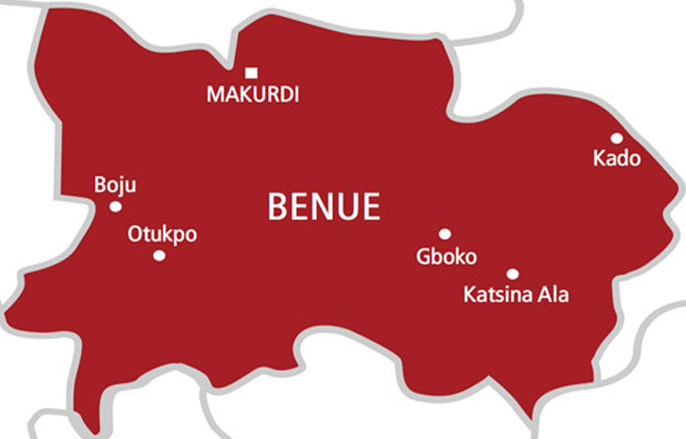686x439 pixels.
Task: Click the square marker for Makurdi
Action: pyautogui.click(x=251, y=73)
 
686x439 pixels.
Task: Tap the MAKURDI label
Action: pyautogui.click(x=252, y=94)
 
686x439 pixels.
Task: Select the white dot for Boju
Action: pyautogui.click(x=115, y=207)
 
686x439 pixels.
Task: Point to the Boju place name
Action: pyautogui.click(x=115, y=185)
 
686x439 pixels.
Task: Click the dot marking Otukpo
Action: pyautogui.click(x=159, y=256)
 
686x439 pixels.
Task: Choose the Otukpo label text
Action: pyautogui.click(x=162, y=234)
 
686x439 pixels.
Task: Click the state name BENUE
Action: pyautogui.click(x=324, y=206)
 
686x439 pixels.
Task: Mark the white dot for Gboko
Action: pyautogui.click(x=444, y=234)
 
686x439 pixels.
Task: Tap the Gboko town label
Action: pyautogui.click(x=446, y=256)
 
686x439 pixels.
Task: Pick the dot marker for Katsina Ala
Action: pyautogui.click(x=512, y=274)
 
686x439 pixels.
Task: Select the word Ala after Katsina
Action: pyautogui.click(x=553, y=295)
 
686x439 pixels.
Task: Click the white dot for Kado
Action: pyautogui.click(x=616, y=138)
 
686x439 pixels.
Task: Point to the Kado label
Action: pyautogui.click(x=616, y=159)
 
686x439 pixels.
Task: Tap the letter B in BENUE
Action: pyautogui.click(x=278, y=206)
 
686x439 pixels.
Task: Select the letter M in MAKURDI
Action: pyautogui.click(x=215, y=94)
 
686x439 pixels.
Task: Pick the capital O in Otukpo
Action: pyautogui.click(x=135, y=234)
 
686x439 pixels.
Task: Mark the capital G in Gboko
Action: pyautogui.click(x=424, y=256)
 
